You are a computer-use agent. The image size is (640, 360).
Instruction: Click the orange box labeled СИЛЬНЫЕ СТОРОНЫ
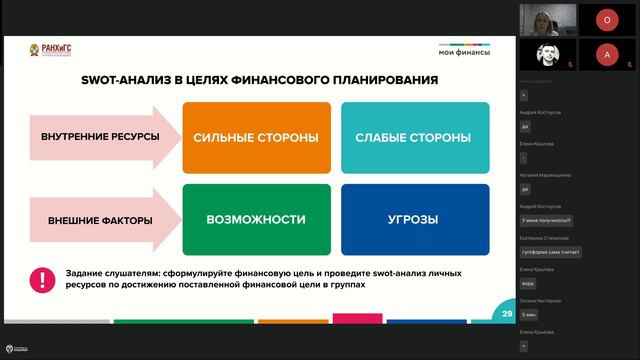pyautogui.click(x=256, y=137)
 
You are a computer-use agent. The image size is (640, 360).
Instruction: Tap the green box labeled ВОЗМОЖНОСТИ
pyautogui.click(x=256, y=219)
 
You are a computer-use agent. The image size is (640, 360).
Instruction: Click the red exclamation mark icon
pyautogui.click(x=42, y=279)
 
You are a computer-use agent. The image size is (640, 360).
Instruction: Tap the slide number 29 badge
pyautogui.click(x=507, y=314)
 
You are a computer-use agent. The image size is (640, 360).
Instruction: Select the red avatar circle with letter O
pyautogui.click(x=606, y=19)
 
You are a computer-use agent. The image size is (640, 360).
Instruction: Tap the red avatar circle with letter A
pyautogui.click(x=606, y=54)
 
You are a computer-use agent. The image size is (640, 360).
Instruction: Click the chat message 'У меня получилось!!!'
pyautogui.click(x=547, y=220)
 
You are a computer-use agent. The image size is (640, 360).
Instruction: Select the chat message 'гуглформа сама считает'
pyautogui.click(x=550, y=252)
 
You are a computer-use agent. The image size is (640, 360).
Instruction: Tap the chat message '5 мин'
pyautogui.click(x=529, y=314)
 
